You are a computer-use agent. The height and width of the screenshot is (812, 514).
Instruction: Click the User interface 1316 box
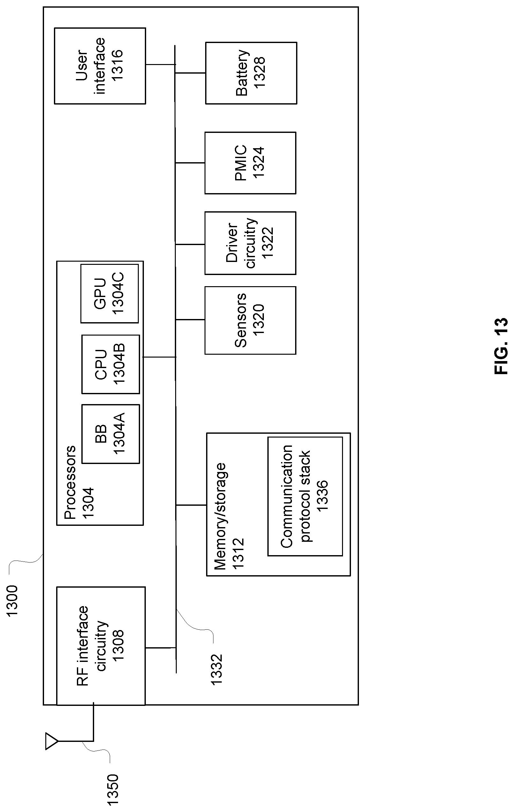point(100,66)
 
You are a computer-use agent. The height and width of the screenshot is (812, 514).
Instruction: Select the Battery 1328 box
point(251,73)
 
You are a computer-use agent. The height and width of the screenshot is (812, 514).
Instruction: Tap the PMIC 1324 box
point(250,163)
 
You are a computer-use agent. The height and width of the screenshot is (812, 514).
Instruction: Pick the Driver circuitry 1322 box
point(250,243)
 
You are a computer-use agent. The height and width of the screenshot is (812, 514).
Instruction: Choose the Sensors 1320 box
point(250,320)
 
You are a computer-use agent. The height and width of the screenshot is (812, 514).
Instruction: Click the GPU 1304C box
point(109,294)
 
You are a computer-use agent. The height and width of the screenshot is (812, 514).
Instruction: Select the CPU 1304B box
point(110,364)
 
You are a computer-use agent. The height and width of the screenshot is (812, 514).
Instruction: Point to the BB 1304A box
point(110,434)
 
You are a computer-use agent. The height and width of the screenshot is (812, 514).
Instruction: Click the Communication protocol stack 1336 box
point(305,496)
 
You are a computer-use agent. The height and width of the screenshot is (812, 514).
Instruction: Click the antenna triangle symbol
point(51,741)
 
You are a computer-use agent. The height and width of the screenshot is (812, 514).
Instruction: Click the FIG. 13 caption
point(501,346)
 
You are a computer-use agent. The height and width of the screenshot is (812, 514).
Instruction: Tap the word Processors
point(70,482)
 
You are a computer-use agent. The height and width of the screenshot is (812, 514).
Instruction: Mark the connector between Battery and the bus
point(190,73)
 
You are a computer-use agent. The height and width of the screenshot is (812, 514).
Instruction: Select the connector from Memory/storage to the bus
point(191,505)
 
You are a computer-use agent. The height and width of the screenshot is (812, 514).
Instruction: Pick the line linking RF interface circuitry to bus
point(160,648)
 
